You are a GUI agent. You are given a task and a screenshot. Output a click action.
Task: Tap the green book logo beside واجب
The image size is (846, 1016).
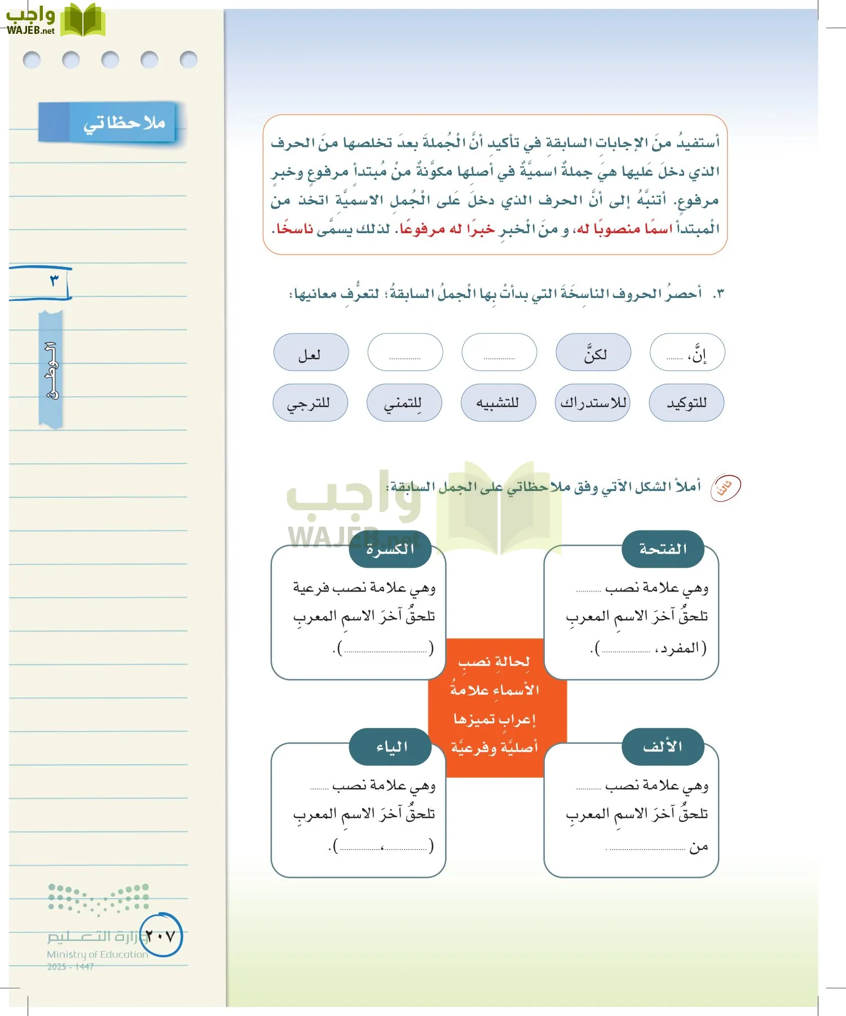click(83, 20)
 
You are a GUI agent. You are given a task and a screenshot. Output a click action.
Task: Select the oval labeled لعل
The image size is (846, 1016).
click(311, 352)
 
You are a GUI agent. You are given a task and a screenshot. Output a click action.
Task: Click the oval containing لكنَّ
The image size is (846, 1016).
click(593, 352)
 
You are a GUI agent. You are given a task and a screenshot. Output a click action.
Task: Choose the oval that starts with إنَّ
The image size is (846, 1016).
click(687, 352)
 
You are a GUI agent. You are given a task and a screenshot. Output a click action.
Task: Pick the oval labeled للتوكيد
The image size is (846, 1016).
click(686, 403)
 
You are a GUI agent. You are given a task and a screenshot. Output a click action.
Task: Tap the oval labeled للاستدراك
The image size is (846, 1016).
click(592, 403)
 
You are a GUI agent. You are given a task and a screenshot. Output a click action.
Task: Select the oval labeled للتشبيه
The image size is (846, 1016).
click(498, 403)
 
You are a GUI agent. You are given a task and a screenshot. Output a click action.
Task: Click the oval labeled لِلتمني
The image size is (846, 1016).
click(404, 403)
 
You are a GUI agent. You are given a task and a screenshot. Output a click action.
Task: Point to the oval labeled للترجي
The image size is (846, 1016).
click(310, 403)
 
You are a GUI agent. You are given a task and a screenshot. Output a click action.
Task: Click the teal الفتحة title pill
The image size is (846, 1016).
click(663, 549)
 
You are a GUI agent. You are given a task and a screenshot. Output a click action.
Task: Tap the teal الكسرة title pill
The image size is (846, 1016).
click(390, 549)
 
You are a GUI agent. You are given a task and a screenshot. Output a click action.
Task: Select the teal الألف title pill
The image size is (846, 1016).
click(663, 747)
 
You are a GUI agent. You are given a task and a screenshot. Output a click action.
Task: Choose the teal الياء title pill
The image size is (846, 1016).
click(390, 747)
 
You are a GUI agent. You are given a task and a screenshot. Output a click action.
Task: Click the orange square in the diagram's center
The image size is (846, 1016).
click(495, 706)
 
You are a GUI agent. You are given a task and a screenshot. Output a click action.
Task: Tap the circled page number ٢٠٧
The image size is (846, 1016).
click(161, 936)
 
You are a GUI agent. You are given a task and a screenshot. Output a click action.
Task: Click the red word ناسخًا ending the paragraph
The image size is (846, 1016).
click(294, 229)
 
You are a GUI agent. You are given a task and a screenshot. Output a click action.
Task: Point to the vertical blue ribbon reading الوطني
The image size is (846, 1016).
click(51, 370)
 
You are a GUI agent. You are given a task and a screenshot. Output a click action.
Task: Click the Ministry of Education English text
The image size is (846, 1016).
click(97, 954)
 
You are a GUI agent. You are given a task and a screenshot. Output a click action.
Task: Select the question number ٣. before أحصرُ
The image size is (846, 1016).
click(717, 294)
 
